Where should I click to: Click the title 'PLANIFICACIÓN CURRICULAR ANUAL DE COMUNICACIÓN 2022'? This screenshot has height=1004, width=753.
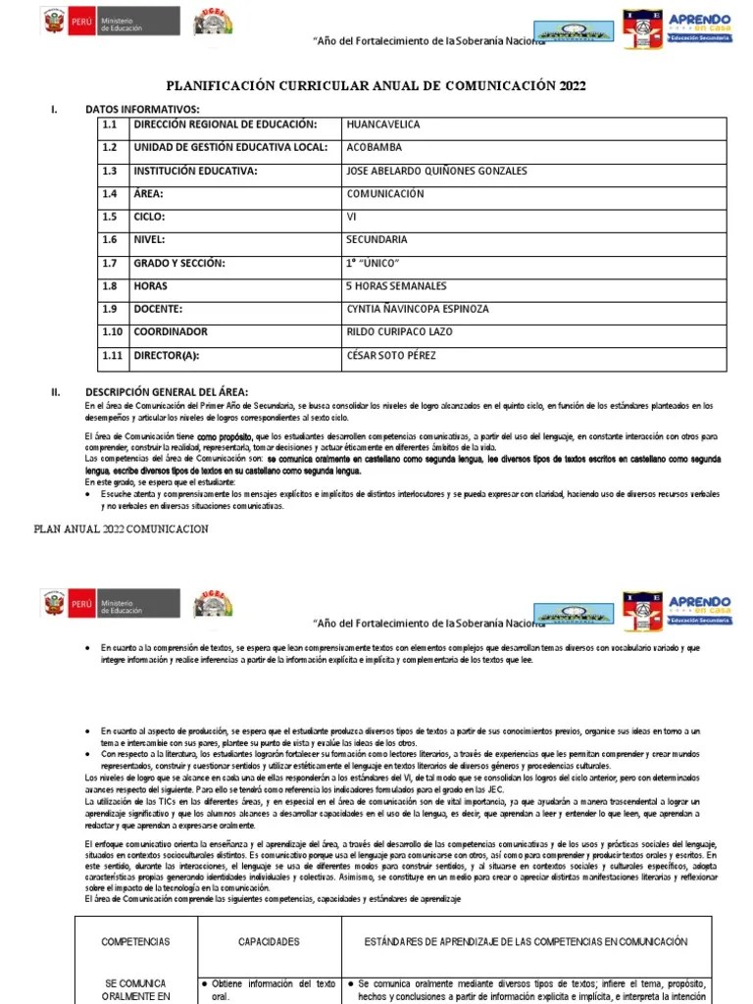point(376,86)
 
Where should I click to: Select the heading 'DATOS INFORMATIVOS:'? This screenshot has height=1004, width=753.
point(142,109)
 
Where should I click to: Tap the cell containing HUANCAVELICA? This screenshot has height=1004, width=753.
point(382,125)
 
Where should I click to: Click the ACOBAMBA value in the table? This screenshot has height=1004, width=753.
point(375,148)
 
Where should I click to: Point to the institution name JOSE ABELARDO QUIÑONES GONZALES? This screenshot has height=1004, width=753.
point(436,171)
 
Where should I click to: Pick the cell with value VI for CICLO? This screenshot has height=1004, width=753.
point(352,217)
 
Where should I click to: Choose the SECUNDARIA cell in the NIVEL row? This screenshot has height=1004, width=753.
point(376,239)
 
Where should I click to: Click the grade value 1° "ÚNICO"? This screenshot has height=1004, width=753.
point(373,263)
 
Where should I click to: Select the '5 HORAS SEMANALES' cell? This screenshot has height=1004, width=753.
point(396,286)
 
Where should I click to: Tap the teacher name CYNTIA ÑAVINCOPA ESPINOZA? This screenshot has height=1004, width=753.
point(417,309)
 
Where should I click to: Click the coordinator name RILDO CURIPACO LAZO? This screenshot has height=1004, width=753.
point(400,331)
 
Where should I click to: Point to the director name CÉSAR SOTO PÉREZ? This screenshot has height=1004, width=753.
point(390,355)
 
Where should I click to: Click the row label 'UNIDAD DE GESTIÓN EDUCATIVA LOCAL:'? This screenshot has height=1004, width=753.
point(231,148)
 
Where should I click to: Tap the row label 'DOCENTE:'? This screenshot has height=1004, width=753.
point(160,309)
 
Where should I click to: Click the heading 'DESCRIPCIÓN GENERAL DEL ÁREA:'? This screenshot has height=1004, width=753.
point(167,391)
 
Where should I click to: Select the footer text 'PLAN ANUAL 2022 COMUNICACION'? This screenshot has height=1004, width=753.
point(121,528)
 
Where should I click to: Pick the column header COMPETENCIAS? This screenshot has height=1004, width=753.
point(135,942)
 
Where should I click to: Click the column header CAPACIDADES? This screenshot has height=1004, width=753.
point(269,942)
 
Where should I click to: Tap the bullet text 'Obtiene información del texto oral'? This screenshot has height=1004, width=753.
point(269,991)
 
